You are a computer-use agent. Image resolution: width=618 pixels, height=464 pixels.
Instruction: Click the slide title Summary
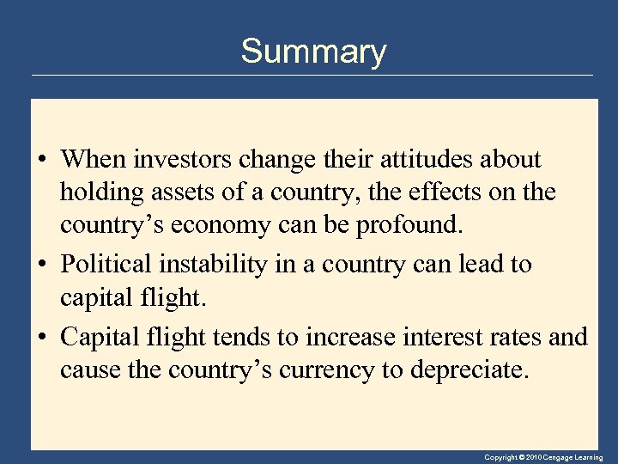point(313,52)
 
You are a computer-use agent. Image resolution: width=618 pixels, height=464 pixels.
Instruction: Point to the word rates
point(512,337)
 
